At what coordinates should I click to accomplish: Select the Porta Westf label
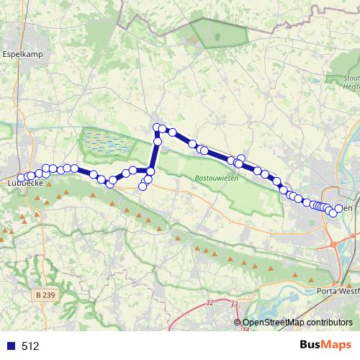[x=338, y=291]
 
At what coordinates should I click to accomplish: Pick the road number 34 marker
[x=245, y=330]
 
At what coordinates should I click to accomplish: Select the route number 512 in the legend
[x=30, y=346]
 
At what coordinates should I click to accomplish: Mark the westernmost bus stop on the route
[x=22, y=178]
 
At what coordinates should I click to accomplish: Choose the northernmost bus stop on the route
[x=156, y=127]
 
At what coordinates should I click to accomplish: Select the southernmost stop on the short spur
[x=143, y=187]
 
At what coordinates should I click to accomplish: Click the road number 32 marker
[x=210, y=303]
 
